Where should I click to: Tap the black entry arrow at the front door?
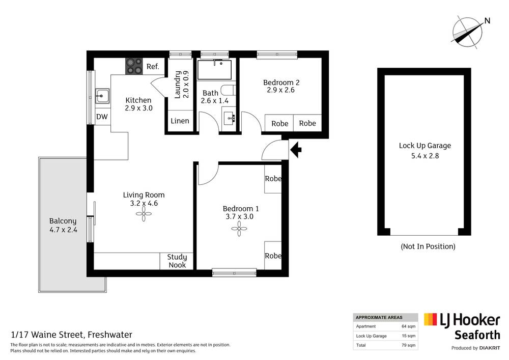296,149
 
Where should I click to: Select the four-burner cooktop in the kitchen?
134,66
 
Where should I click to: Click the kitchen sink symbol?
102,94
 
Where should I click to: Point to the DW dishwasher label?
102,117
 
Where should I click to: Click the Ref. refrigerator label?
153,66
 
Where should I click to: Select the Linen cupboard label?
180,121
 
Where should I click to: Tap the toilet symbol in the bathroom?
229,91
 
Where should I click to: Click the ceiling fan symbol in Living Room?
144,216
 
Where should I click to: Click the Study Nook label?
177,261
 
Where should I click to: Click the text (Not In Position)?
428,246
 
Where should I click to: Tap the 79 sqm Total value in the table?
408,345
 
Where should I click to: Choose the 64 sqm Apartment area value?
408,326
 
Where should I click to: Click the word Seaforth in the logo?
476,335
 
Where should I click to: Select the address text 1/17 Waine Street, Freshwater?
71,335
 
